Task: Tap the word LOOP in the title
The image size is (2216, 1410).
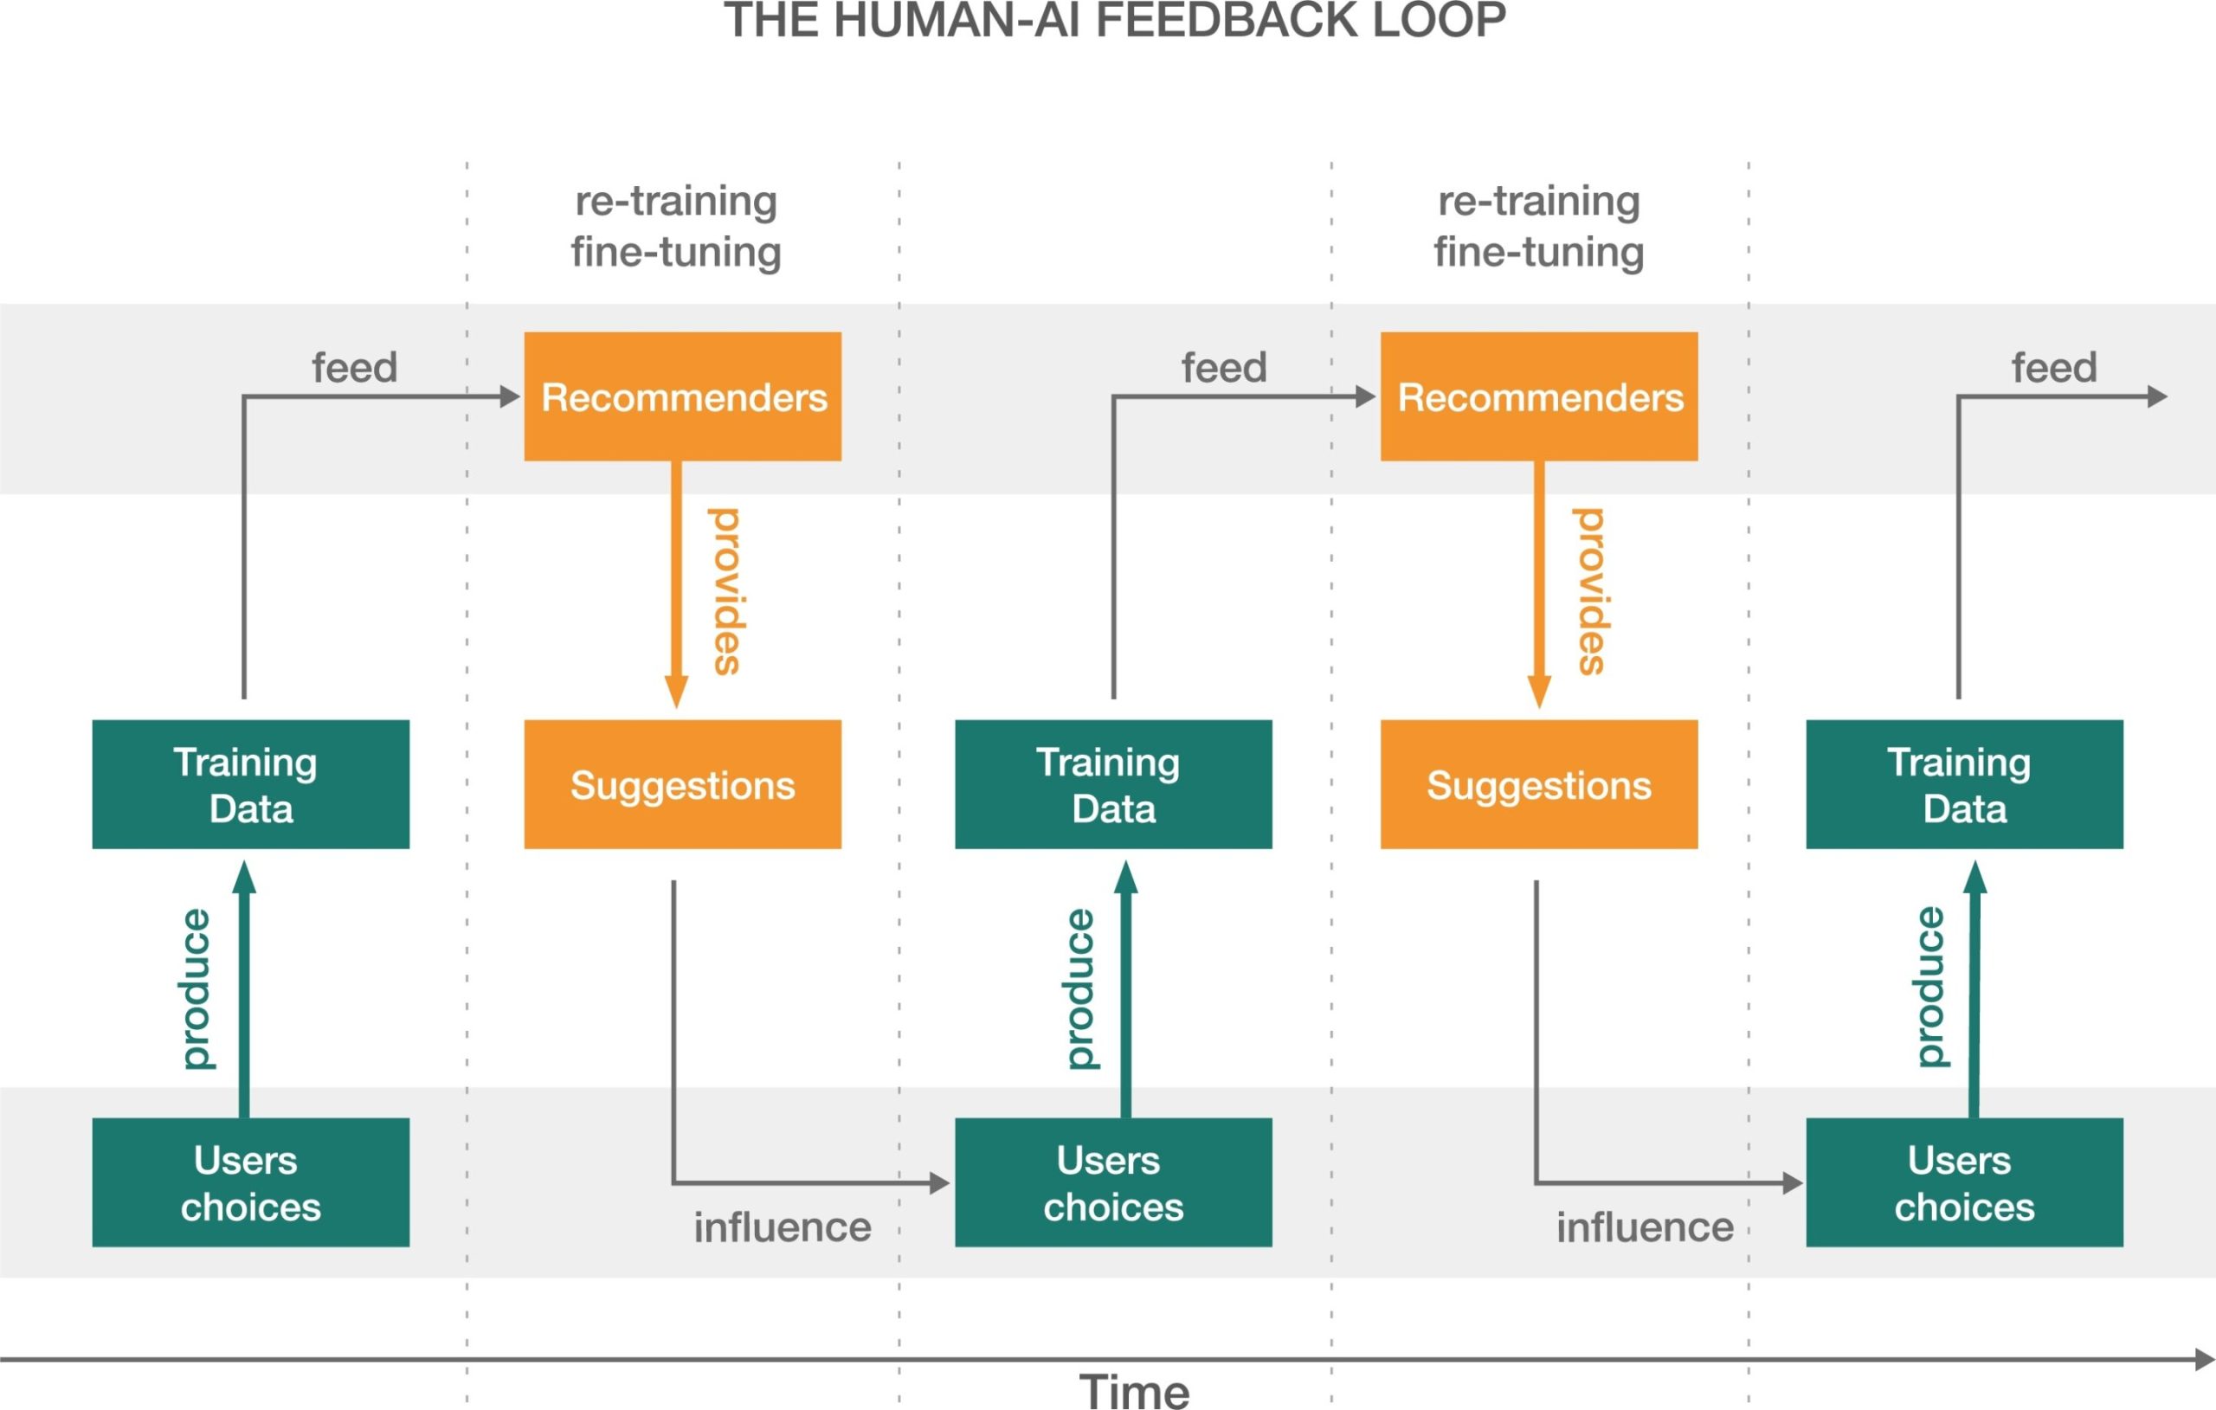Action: pyautogui.click(x=1439, y=19)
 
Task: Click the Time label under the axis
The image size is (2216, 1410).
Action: pyautogui.click(x=1134, y=1391)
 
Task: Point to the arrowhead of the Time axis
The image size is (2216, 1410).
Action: pyautogui.click(x=2205, y=1360)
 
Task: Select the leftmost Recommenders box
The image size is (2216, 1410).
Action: pyautogui.click(x=683, y=396)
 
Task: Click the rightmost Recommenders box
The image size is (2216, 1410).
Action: pyautogui.click(x=1539, y=396)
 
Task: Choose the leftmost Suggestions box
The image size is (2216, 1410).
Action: pyautogui.click(x=683, y=784)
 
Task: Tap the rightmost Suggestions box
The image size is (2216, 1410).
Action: pyautogui.click(x=1539, y=784)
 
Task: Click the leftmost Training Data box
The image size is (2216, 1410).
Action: pyautogui.click(x=250, y=784)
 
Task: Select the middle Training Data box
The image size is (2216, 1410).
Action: pyautogui.click(x=1113, y=784)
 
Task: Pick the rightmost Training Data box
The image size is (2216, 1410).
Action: pyautogui.click(x=1965, y=784)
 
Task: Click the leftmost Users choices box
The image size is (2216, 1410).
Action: pyautogui.click(x=250, y=1182)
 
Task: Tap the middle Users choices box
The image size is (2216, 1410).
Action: pyautogui.click(x=1113, y=1182)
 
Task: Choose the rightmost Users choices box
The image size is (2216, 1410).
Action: pyautogui.click(x=1965, y=1182)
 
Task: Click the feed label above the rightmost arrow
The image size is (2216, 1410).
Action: pyautogui.click(x=2054, y=367)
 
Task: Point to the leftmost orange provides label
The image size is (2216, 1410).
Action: pyautogui.click(x=726, y=592)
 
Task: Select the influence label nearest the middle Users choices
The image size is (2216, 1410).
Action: pyautogui.click(x=783, y=1227)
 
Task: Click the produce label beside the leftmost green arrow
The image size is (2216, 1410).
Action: pyautogui.click(x=196, y=988)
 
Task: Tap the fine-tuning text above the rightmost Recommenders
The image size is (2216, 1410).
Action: pyautogui.click(x=1539, y=251)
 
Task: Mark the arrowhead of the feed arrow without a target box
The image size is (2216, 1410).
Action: pyautogui.click(x=2157, y=396)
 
